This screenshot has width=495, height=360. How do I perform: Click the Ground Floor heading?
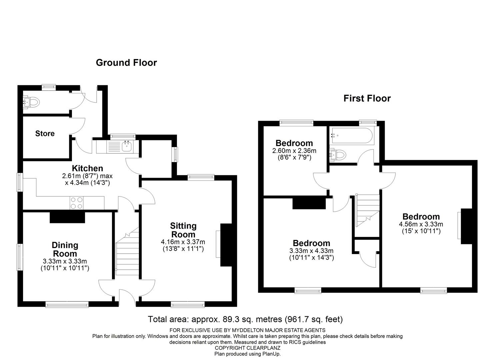[x=126, y=63]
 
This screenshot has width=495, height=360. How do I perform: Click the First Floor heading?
[x=367, y=98]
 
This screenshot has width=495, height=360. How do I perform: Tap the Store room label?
[x=45, y=134]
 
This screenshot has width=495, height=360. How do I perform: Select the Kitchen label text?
[x=88, y=168]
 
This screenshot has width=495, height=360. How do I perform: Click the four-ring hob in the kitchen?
[x=77, y=203]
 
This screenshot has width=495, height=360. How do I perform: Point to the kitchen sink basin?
[x=127, y=146]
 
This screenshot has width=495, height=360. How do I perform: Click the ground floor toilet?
[x=32, y=102]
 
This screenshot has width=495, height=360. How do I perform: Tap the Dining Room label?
[x=65, y=249]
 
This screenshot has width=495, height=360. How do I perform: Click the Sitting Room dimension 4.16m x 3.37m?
[x=183, y=242]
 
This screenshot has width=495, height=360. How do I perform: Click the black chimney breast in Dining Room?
[x=67, y=217]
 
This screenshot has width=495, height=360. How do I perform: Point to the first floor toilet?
[x=338, y=155]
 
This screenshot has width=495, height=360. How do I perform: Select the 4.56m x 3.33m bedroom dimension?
[x=421, y=224]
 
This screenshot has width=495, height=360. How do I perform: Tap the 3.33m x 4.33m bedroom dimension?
[x=311, y=251]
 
